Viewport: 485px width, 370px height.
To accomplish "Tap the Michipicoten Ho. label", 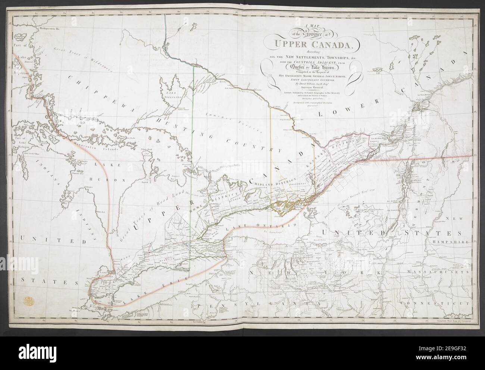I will click(50, 28).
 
